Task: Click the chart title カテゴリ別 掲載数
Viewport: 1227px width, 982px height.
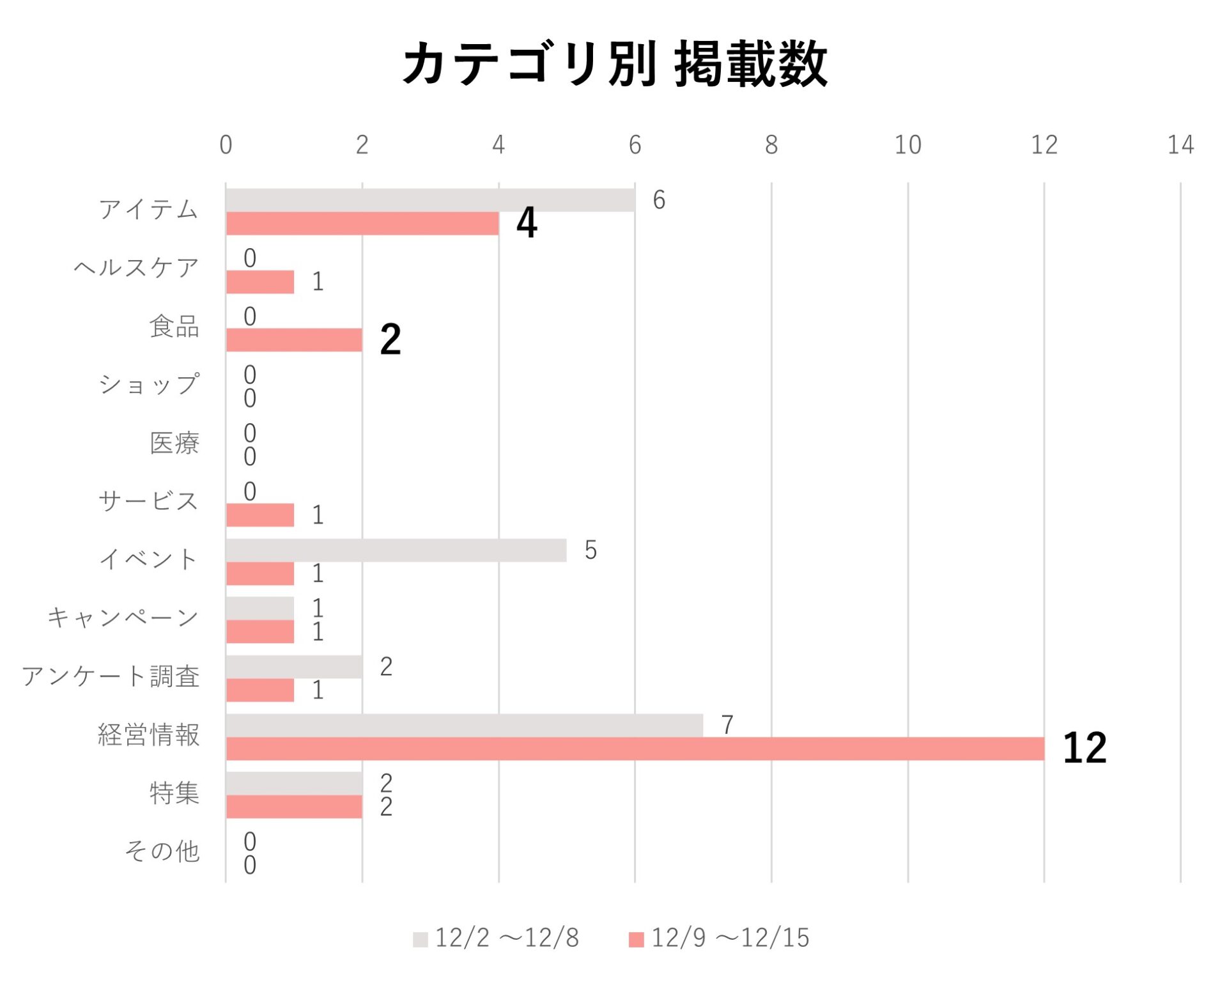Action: pos(614,64)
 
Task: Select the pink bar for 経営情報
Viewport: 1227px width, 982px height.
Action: pos(635,749)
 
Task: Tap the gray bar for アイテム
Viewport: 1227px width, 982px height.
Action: pos(430,200)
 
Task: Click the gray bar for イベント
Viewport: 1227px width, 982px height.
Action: pos(396,550)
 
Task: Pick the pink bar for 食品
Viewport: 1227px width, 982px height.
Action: pos(294,340)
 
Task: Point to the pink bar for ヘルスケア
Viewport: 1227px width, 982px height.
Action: pos(260,282)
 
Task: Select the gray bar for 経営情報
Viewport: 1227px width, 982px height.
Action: pos(464,726)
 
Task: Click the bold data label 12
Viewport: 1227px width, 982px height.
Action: pos(1084,747)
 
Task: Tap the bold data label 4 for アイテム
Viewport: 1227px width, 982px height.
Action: pos(527,223)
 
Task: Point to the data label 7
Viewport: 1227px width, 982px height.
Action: pos(727,725)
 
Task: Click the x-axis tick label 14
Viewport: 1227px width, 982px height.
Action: pos(1180,145)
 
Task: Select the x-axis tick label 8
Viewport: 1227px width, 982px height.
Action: pos(771,145)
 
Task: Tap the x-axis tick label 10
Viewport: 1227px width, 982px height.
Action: pos(907,145)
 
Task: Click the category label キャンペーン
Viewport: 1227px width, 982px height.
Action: pos(123,618)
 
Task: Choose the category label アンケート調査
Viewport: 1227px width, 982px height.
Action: pos(111,676)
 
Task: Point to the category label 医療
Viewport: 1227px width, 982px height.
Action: pos(174,443)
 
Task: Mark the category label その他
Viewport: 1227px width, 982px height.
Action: pos(162,852)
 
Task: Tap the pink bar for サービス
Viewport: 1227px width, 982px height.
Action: pos(260,515)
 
